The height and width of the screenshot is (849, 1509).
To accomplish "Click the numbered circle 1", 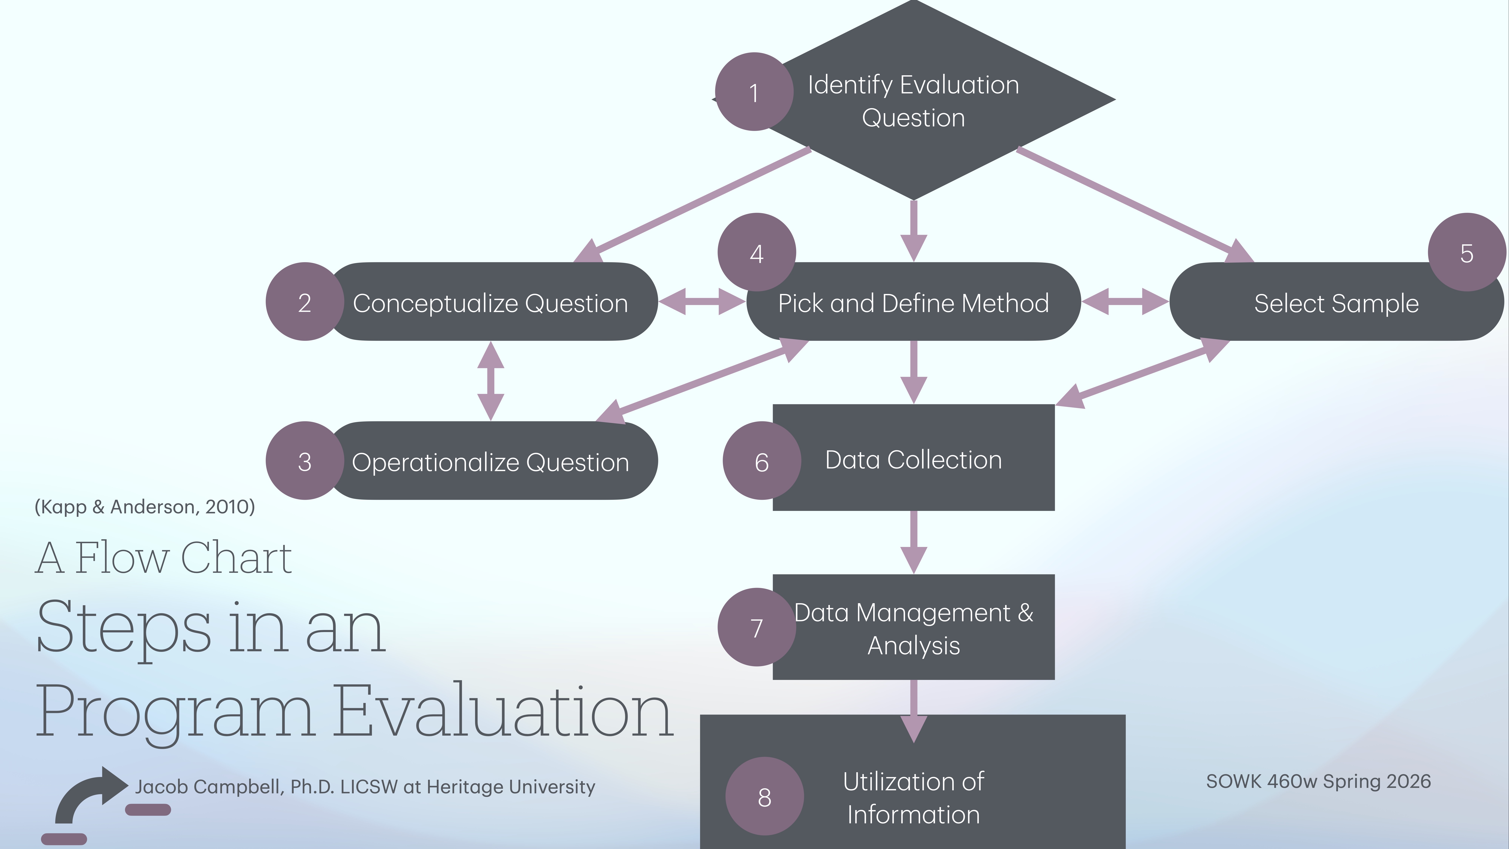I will (754, 92).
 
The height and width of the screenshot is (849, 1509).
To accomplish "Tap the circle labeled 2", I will (305, 302).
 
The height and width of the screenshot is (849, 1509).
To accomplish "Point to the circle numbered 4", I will (756, 253).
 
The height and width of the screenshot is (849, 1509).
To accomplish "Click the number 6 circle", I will (762, 461).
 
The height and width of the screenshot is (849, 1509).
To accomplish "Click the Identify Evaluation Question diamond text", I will (913, 101).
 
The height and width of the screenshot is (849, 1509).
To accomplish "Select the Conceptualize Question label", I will (490, 303).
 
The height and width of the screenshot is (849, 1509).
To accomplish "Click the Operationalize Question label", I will (490, 462).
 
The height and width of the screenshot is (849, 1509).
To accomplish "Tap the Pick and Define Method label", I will (913, 303).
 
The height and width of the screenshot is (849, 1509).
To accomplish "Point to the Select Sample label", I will (1336, 303).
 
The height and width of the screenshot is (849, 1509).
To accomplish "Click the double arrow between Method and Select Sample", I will (1125, 302).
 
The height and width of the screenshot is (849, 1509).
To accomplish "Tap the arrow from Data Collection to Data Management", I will (913, 542).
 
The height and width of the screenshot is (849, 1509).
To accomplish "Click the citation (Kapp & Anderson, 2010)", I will (145, 506).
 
